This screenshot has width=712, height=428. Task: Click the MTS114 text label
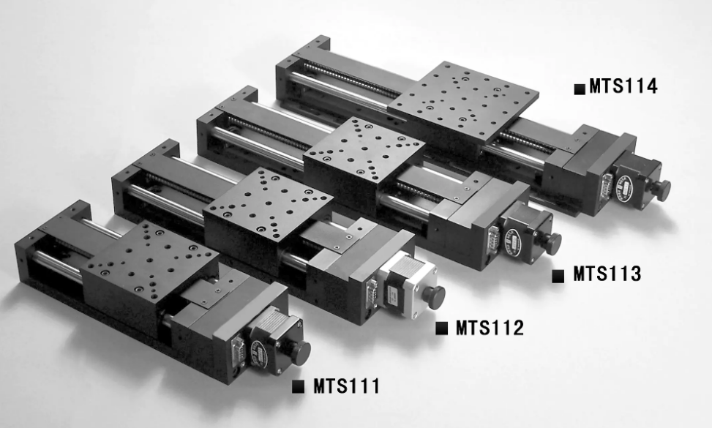(623, 86)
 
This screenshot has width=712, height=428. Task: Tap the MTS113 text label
(607, 274)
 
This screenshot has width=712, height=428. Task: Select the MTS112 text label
(490, 328)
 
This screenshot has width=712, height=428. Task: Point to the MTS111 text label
(346, 386)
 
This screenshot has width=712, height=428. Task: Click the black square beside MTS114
(580, 89)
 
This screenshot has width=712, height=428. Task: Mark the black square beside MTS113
(558, 276)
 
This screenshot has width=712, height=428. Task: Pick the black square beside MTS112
(441, 328)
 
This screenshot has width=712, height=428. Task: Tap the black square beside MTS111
(298, 386)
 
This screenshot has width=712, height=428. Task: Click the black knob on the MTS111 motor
(300, 351)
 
